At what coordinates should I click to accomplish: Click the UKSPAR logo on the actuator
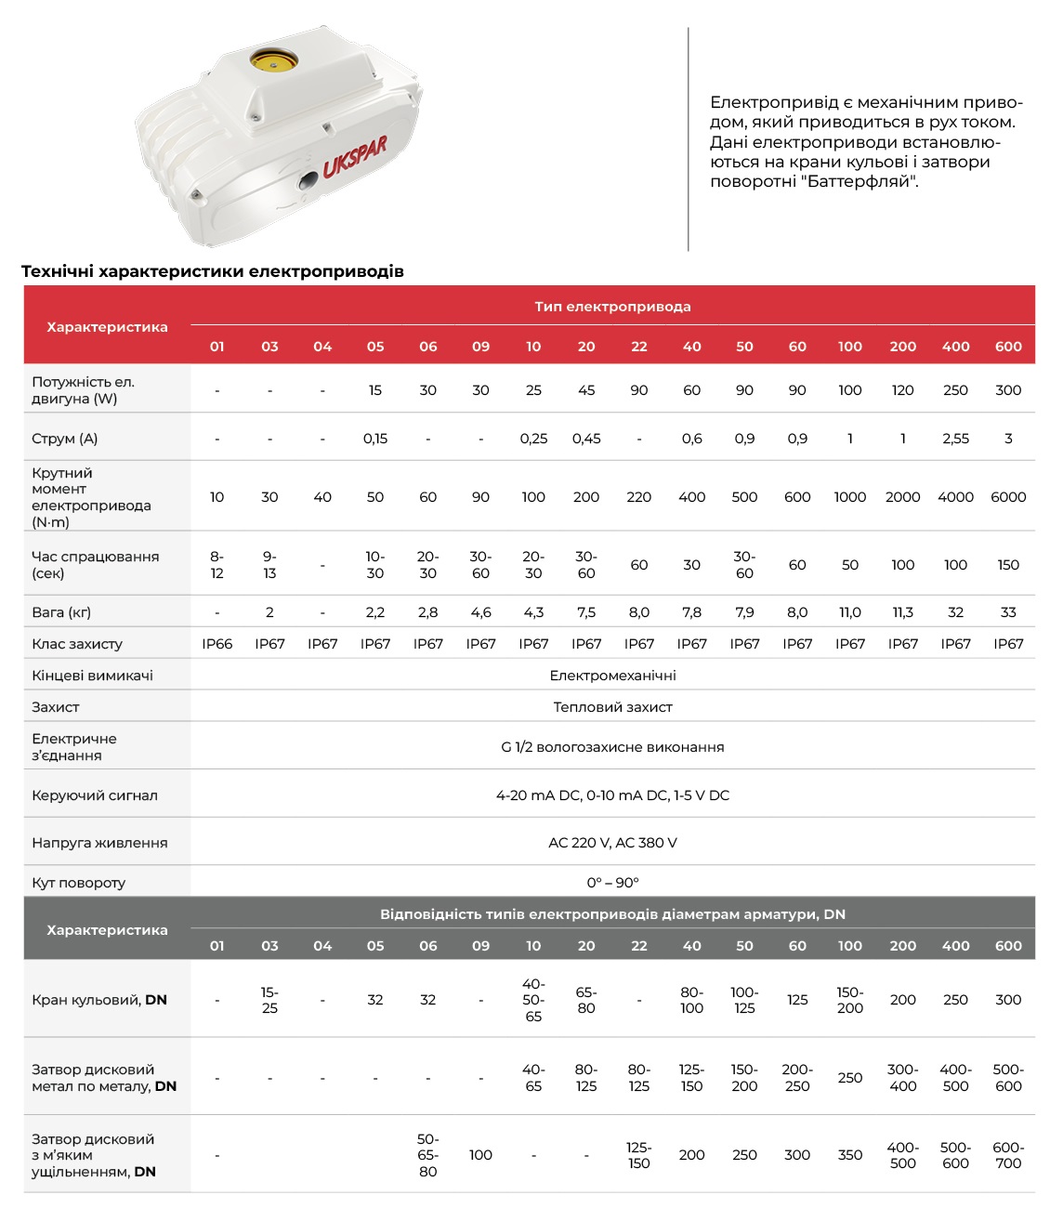coord(355,156)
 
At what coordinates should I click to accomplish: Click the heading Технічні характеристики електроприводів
coord(213,271)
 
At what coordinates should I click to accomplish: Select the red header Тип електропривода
coord(612,307)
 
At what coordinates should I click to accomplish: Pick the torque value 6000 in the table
coord(1008,497)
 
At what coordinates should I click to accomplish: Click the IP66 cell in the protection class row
coord(217,644)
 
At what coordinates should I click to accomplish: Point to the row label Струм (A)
coord(65,439)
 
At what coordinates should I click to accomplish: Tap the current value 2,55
coord(955,439)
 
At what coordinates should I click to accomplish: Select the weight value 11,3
coord(902,612)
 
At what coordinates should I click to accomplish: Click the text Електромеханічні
coord(612,676)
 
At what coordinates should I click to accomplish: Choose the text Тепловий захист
coord(612,707)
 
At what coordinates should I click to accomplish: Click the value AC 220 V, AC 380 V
coord(612,843)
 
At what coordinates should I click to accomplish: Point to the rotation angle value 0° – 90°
coord(612,883)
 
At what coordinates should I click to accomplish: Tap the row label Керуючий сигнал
coord(95,795)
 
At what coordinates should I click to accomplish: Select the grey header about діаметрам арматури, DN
coord(612,914)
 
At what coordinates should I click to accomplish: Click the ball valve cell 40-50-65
coord(533,1000)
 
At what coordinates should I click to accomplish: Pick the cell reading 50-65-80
coord(427,1155)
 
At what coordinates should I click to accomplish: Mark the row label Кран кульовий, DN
coord(99,1000)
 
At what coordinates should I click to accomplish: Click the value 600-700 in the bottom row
coord(1008,1155)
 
